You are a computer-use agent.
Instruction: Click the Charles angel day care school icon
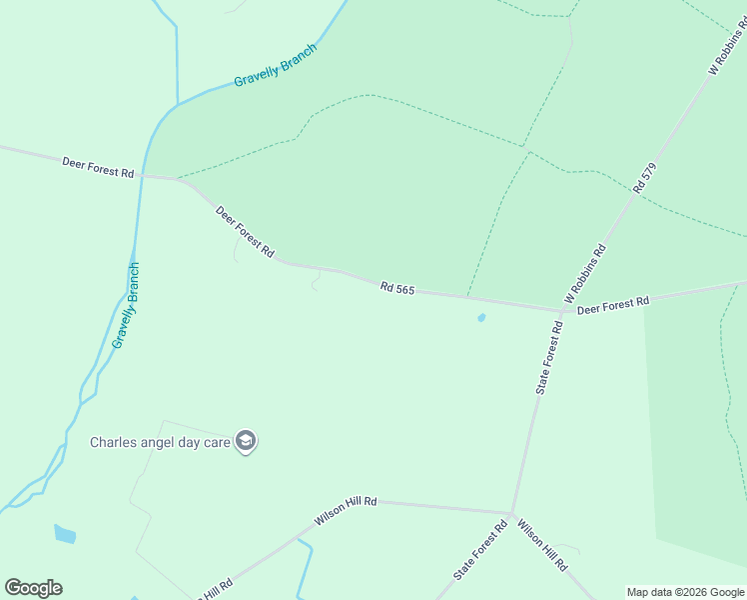click(x=246, y=441)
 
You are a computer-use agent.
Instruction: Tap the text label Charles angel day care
click(x=160, y=442)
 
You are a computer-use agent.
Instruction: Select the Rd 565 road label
click(x=396, y=288)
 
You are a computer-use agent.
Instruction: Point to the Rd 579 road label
click(x=645, y=178)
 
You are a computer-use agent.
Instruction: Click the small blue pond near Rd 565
click(x=481, y=318)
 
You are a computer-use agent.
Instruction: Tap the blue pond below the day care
click(x=65, y=534)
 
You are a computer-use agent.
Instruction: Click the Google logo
click(x=33, y=588)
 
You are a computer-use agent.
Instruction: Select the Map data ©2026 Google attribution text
click(x=686, y=592)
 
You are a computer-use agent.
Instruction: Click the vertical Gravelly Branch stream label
click(x=126, y=305)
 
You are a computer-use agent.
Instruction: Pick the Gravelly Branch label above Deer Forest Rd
click(x=275, y=65)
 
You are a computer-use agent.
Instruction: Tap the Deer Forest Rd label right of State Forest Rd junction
click(x=613, y=304)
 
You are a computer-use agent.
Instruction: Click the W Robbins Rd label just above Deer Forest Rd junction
click(x=585, y=274)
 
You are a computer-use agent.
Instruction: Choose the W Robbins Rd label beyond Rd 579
click(x=726, y=47)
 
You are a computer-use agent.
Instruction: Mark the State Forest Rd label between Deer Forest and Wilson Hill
click(x=549, y=357)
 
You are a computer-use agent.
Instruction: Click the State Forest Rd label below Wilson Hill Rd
click(x=480, y=551)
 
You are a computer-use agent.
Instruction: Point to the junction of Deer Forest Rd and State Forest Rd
click(x=562, y=311)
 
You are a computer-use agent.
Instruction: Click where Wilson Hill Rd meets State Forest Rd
click(x=512, y=514)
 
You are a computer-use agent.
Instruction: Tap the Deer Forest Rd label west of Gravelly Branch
click(x=98, y=166)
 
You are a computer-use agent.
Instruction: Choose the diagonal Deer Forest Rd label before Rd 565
click(x=245, y=231)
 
